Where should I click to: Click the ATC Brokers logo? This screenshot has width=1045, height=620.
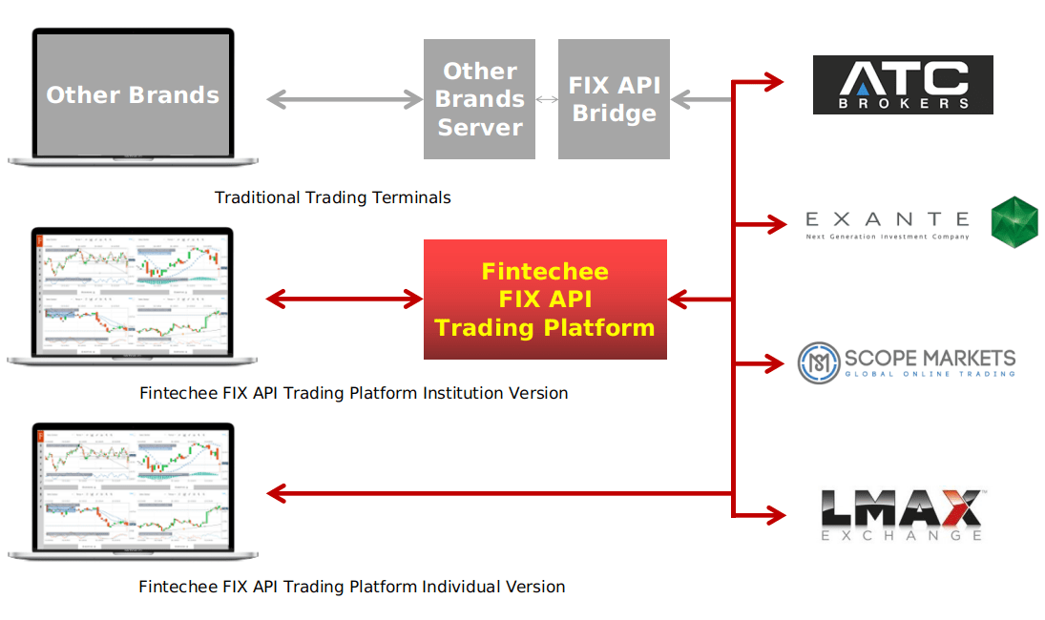pos(903,85)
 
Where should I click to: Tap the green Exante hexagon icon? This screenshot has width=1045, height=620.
pos(1014,222)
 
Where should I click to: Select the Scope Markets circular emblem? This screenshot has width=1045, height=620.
pos(818,362)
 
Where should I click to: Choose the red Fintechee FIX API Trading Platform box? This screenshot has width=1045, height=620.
pos(545,300)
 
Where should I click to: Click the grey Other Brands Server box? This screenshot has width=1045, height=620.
pos(480,99)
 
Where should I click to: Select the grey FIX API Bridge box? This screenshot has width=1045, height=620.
pos(614,99)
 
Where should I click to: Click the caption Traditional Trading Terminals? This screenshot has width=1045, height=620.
pos(332,197)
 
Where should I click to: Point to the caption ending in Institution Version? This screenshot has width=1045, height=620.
pos(353,392)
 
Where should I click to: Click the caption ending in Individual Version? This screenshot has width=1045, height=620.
pos(351,587)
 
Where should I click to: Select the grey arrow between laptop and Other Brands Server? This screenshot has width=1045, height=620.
pos(345,99)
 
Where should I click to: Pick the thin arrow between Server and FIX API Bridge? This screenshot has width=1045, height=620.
pos(546,99)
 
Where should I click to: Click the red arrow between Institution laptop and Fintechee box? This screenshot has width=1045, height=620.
pos(345,300)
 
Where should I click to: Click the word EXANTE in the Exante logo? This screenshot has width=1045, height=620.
pos(887,220)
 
